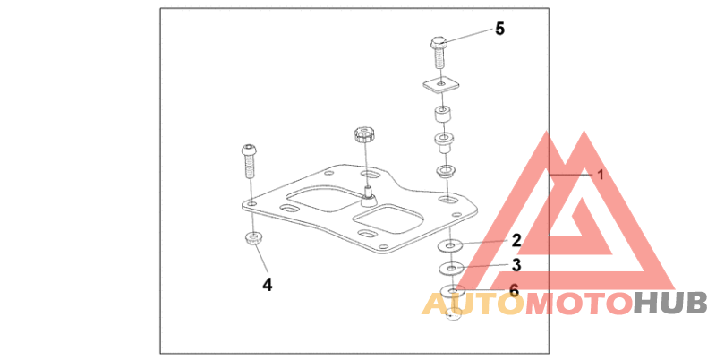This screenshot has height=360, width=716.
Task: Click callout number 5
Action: (499, 29)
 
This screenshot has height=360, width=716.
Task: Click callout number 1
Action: (601, 176)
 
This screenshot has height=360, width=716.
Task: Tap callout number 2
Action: (516, 239)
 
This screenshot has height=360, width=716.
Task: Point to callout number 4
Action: (267, 284)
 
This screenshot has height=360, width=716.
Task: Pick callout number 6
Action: (514, 289)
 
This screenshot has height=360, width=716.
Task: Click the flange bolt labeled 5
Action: (439, 51)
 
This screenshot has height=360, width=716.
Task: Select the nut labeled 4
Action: (253, 239)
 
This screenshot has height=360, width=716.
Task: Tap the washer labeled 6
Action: (453, 291)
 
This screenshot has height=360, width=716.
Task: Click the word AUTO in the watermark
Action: (472, 304)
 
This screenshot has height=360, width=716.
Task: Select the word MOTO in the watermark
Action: (576, 304)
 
